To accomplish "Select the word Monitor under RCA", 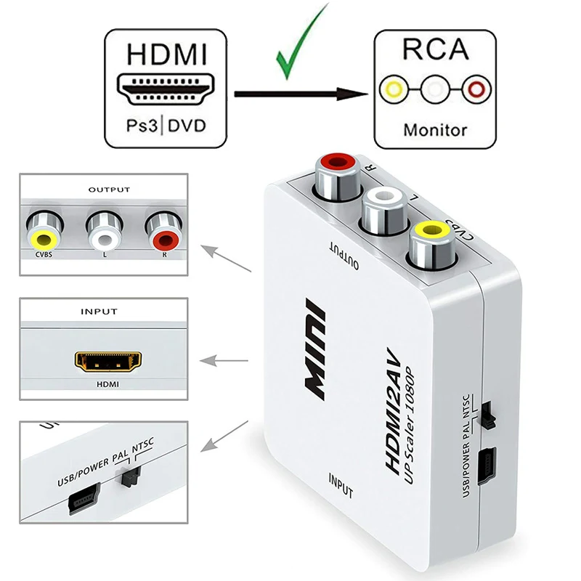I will (435, 131).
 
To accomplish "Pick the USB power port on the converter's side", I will (486, 459).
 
